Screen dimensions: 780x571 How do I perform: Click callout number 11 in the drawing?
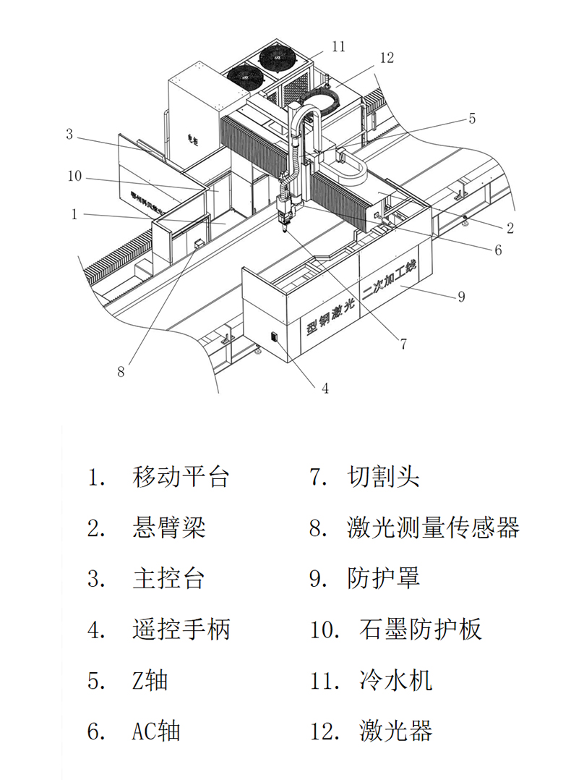tap(338, 47)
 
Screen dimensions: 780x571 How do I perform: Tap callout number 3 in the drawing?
tap(69, 134)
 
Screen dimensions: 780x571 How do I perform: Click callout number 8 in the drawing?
tap(121, 372)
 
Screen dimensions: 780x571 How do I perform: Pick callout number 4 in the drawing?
tap(325, 389)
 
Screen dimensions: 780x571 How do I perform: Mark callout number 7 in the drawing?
tap(404, 344)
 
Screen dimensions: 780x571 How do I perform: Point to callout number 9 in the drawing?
tap(461, 296)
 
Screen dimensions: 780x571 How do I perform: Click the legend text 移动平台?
tap(181, 477)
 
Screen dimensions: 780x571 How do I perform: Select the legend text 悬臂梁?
tap(169, 527)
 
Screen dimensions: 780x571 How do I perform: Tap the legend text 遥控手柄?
tap(181, 629)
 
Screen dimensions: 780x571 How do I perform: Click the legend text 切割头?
tap(383, 477)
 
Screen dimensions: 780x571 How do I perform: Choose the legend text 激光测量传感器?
tap(433, 527)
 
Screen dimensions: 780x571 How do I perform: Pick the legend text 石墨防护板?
tap(419, 629)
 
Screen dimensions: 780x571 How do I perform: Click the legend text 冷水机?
tap(395, 680)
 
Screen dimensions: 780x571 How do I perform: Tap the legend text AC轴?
tap(155, 731)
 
